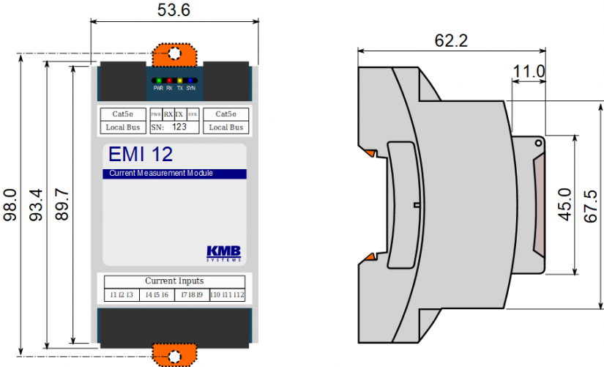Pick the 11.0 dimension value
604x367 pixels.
point(529,71)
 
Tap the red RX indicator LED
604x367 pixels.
point(169,81)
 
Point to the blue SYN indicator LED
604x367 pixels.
point(190,81)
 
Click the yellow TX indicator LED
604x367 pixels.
point(180,81)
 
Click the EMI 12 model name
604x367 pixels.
point(141,155)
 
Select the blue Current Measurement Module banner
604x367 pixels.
point(174,174)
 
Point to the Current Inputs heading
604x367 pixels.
point(174,281)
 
